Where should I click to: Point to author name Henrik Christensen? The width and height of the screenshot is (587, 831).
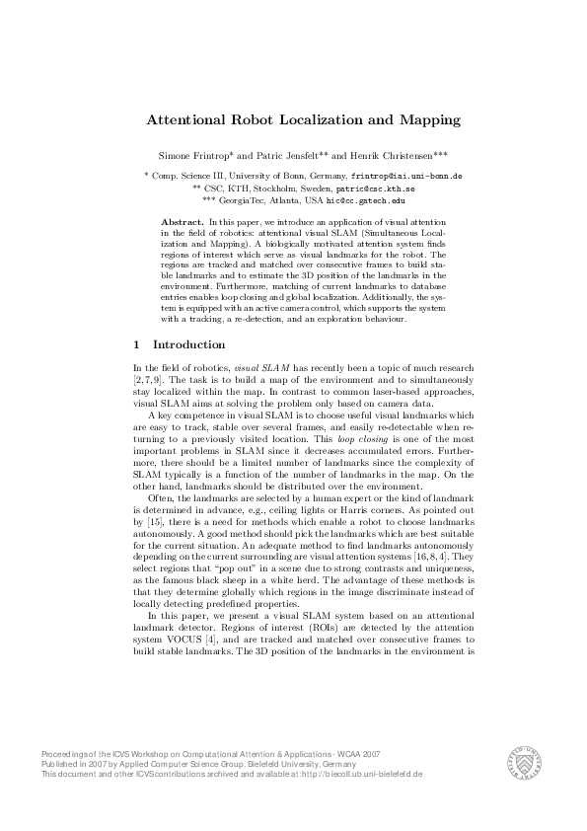(x=392, y=156)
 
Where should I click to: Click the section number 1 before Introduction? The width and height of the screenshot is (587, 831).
(x=135, y=344)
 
